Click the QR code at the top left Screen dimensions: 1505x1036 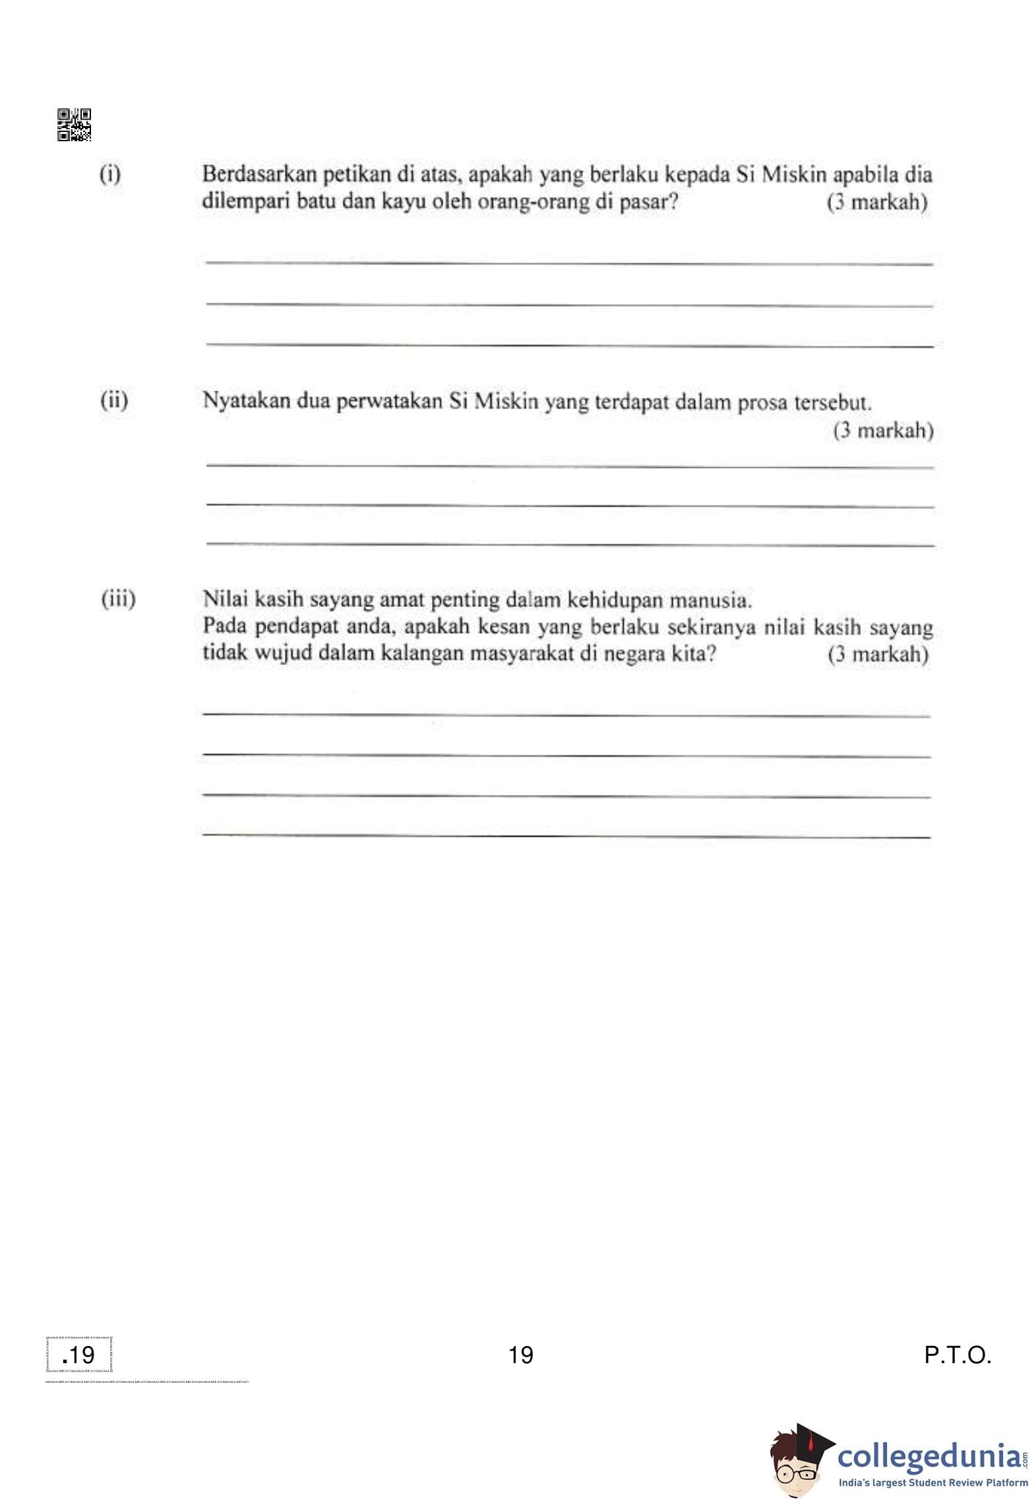(x=74, y=125)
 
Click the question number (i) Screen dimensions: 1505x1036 (x=110, y=174)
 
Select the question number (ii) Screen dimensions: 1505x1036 (x=114, y=400)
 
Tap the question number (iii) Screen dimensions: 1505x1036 (x=118, y=599)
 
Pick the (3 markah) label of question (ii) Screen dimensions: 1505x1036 (x=883, y=431)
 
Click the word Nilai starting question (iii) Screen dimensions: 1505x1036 (x=226, y=599)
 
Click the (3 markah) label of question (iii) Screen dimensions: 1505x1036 (x=878, y=655)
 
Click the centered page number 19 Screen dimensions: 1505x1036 (x=521, y=1355)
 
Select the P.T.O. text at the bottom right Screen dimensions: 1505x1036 (x=958, y=1355)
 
